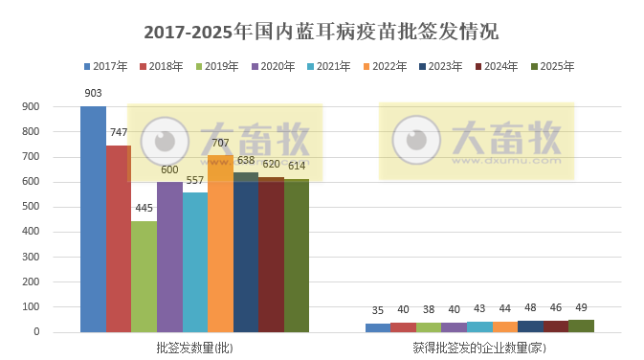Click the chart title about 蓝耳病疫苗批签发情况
pyautogui.click(x=322, y=31)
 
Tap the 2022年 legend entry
pyautogui.click(x=389, y=66)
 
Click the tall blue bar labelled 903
pyautogui.click(x=93, y=220)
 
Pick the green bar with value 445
pyautogui.click(x=144, y=278)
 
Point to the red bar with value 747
pyautogui.click(x=119, y=239)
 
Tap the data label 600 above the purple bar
pyautogui.click(x=169, y=170)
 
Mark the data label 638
pyautogui.click(x=246, y=161)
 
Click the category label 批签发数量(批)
pyautogui.click(x=194, y=348)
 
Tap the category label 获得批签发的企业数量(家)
pyautogui.click(x=479, y=348)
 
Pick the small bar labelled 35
pyautogui.click(x=378, y=328)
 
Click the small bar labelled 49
pyautogui.click(x=581, y=326)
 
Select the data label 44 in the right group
pyautogui.click(x=504, y=308)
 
